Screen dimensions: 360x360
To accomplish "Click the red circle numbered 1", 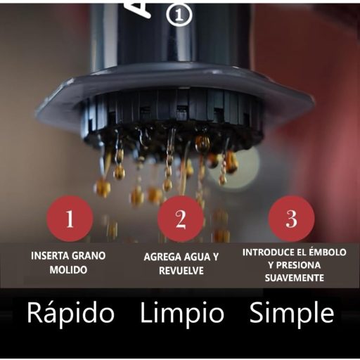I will pyautogui.click(x=69, y=219).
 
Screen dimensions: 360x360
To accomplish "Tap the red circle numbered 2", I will pyautogui.click(x=181, y=219).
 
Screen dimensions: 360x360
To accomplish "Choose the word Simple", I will pyautogui.click(x=291, y=313).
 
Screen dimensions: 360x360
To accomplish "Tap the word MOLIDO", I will pyautogui.click(x=69, y=270).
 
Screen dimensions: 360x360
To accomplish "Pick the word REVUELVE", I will pyautogui.click(x=181, y=271).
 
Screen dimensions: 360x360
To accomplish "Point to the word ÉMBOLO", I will pyautogui.click(x=327, y=252).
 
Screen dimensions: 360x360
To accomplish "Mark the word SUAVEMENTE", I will pyautogui.click(x=295, y=278).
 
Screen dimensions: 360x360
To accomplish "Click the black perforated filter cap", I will pyautogui.click(x=172, y=120).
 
